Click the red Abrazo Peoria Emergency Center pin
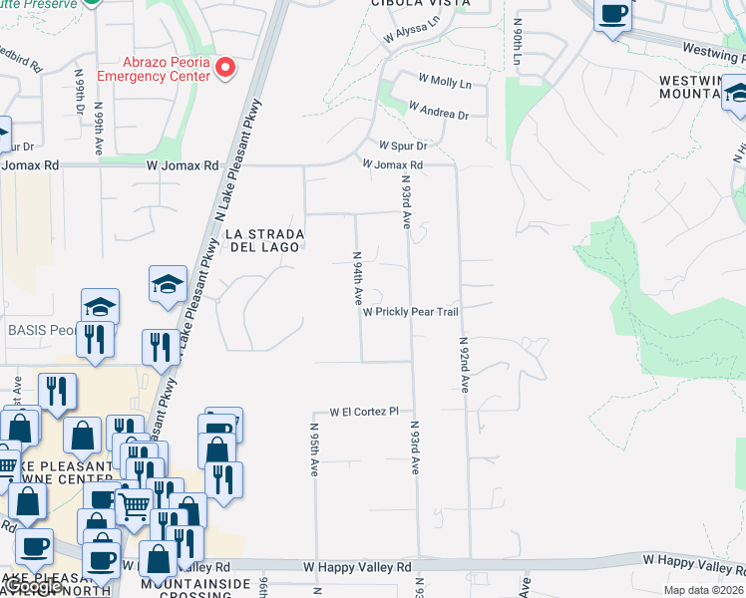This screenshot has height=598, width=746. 226,69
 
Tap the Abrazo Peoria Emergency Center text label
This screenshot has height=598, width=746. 154,69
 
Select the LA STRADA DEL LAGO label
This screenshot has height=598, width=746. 264,241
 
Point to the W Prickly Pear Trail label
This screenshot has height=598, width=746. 410,312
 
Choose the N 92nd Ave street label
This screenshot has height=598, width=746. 465,365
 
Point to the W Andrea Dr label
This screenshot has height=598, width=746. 438,112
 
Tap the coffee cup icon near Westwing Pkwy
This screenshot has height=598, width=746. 611,15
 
